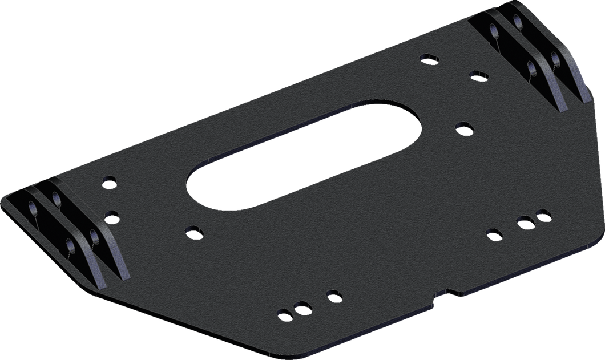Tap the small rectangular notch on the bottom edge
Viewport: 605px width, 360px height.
tap(445, 293)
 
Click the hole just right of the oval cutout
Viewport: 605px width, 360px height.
tap(463, 126)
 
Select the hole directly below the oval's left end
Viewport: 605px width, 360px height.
tap(193, 231)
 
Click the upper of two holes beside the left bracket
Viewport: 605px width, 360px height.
tap(107, 183)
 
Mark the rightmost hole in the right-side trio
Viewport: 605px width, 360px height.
tap(543, 215)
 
